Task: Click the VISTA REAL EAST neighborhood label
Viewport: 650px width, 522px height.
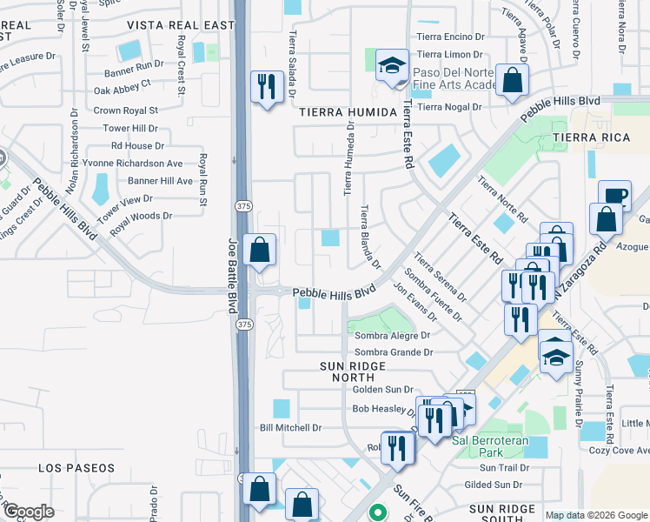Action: click(x=182, y=25)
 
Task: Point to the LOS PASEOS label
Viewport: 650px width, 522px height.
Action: click(x=76, y=468)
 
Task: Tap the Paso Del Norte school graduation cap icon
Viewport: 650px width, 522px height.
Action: click(x=393, y=65)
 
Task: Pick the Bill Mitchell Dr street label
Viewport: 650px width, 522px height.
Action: click(x=291, y=427)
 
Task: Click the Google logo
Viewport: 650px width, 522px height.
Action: click(x=28, y=512)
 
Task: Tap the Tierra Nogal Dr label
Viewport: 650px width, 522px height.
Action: click(x=449, y=107)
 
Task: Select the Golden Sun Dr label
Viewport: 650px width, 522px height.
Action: click(x=381, y=390)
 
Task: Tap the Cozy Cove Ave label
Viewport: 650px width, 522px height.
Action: click(x=619, y=450)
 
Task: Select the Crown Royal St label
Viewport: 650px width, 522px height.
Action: click(x=125, y=110)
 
